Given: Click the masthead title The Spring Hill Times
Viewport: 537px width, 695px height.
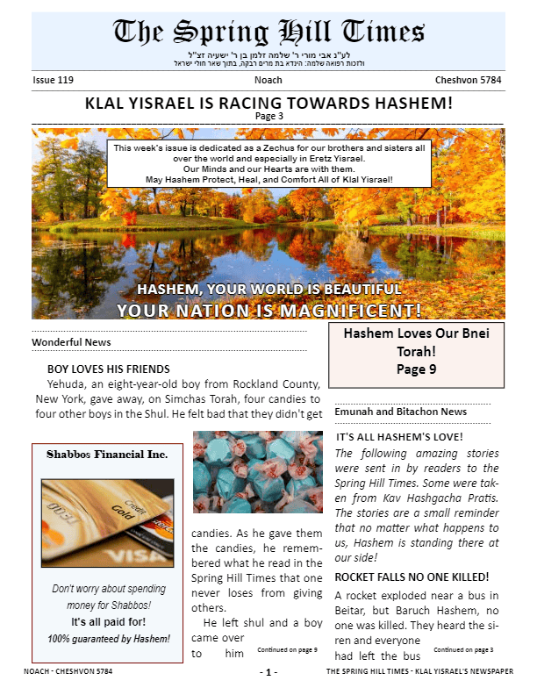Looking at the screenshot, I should tap(268, 32).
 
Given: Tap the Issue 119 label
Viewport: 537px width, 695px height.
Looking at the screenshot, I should tap(53, 80).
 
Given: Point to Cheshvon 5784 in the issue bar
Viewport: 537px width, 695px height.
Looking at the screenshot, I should tap(468, 80).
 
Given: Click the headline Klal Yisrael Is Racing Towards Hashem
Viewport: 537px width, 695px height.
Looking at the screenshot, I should tap(268, 103).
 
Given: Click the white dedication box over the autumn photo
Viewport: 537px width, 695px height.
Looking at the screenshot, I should tap(268, 163).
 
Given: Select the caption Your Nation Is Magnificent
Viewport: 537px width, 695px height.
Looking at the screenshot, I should tap(268, 311).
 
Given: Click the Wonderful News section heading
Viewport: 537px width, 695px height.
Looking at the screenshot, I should tap(71, 341).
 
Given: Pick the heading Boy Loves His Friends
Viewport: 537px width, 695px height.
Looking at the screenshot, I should tap(108, 369).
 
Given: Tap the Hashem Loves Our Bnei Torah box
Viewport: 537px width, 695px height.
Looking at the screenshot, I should tap(416, 352).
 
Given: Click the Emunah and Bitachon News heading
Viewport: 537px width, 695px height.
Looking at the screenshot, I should tap(401, 412).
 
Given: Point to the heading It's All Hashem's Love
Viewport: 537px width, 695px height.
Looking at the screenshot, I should tap(399, 436).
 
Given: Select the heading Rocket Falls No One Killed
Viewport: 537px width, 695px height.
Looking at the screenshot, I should tap(412, 577).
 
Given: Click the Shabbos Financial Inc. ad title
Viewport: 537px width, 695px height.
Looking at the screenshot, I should tap(107, 455).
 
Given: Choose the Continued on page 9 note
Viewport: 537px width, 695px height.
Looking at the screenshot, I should tap(288, 650).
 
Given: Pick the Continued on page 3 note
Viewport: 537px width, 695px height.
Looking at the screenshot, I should tap(463, 650).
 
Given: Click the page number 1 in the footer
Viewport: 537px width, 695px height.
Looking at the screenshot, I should tap(268, 672).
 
